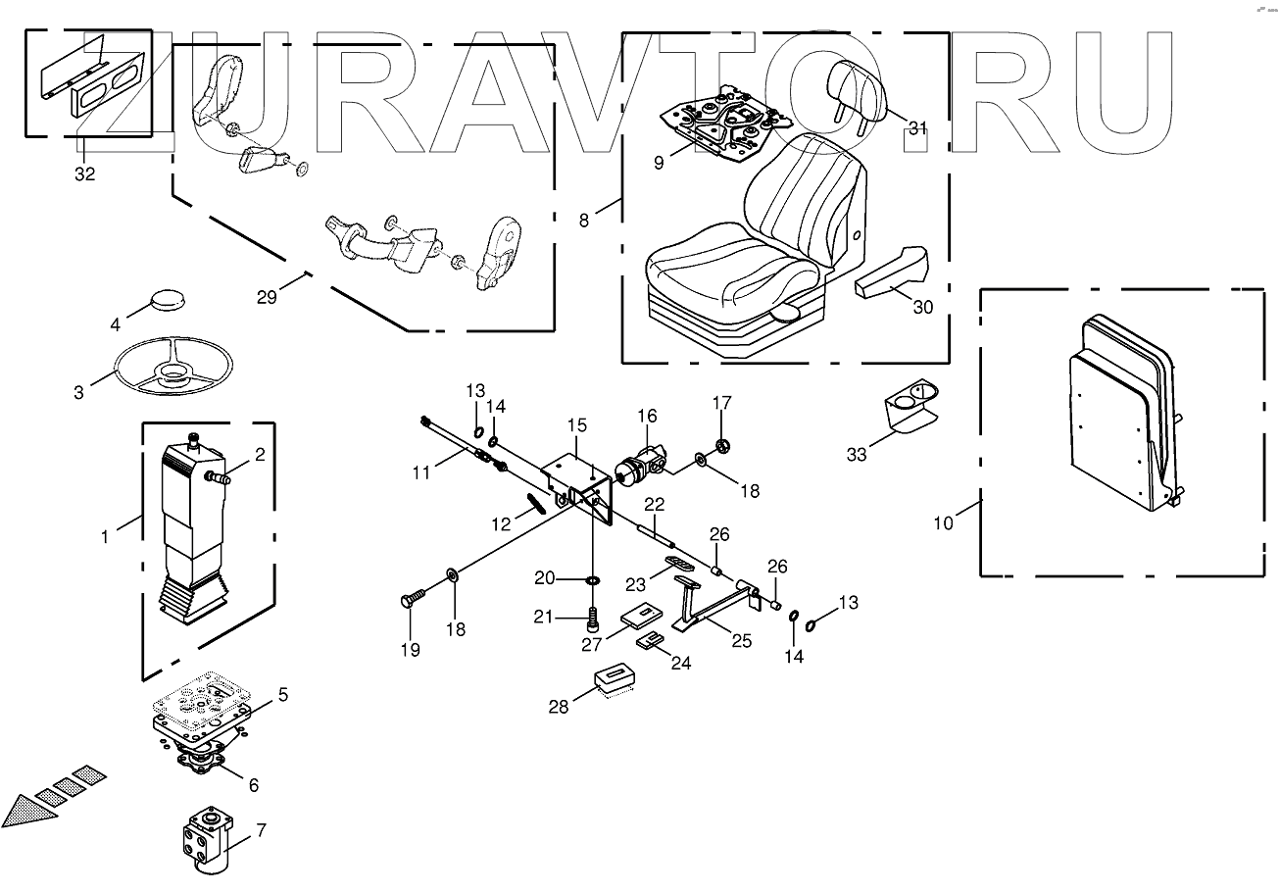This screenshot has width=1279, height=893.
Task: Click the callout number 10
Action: tap(943, 522)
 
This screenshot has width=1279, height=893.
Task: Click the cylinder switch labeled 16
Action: tap(639, 463)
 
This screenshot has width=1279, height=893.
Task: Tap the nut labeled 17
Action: tap(722, 447)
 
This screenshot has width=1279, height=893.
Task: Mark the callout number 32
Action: tap(85, 174)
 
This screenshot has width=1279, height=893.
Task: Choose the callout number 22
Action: tap(654, 504)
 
